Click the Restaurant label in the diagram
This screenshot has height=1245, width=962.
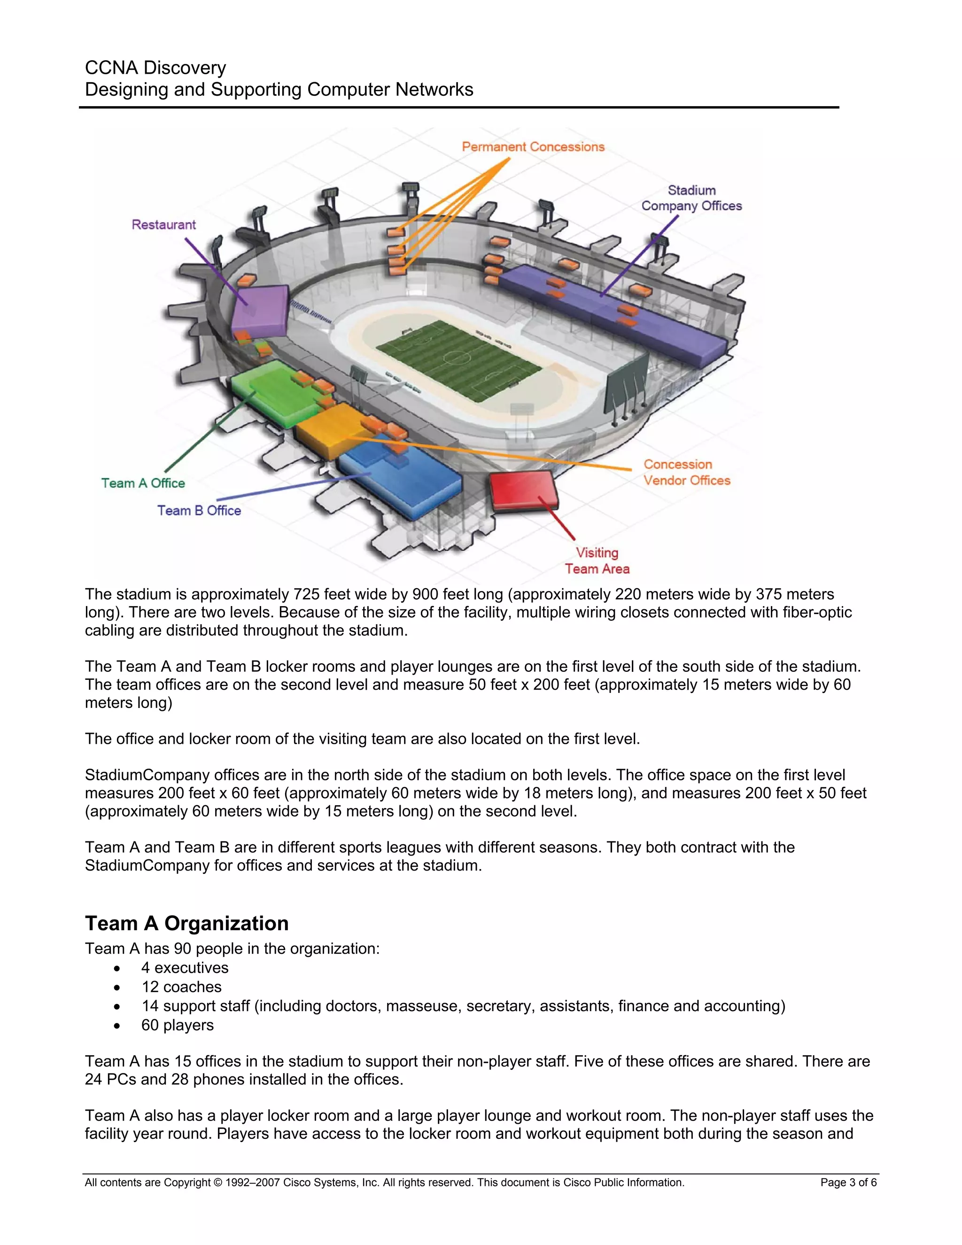click(163, 225)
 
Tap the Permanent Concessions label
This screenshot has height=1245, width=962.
click(533, 147)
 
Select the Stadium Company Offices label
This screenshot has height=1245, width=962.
click(691, 198)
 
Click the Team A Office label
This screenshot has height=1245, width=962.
click(143, 483)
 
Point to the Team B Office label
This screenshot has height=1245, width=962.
click(199, 511)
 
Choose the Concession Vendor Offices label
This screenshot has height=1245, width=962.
click(686, 473)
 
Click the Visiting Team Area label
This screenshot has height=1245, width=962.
click(597, 561)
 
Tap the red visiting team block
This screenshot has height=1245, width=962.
click(523, 489)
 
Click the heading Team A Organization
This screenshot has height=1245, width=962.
click(186, 924)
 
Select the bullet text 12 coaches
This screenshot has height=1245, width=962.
click(181, 987)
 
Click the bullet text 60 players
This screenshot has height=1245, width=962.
click(177, 1025)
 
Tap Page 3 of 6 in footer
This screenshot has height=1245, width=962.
click(848, 1183)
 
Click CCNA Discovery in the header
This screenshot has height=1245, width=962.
click(155, 68)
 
